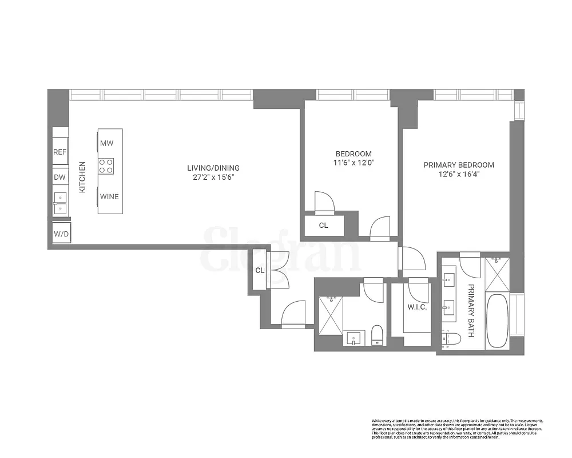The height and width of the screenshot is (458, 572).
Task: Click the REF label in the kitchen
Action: pyautogui.click(x=60, y=152)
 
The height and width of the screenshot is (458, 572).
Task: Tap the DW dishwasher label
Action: pyautogui.click(x=60, y=177)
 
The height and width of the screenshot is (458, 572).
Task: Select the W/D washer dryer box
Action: pyautogui.click(x=60, y=234)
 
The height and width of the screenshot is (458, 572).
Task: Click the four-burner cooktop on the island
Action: pyautogui.click(x=106, y=166)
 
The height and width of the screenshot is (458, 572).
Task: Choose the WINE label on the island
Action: pyautogui.click(x=109, y=196)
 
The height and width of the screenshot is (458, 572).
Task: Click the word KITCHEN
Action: pyautogui.click(x=82, y=176)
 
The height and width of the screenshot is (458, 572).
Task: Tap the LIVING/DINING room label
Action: pyautogui.click(x=213, y=168)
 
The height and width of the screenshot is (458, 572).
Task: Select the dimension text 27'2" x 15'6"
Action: pyautogui.click(x=213, y=177)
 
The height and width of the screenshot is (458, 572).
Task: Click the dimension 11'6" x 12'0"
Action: pyautogui.click(x=353, y=163)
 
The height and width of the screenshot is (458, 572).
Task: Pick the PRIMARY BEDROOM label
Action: pyautogui.click(x=459, y=165)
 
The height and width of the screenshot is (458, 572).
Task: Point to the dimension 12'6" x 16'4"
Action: pyautogui.click(x=459, y=174)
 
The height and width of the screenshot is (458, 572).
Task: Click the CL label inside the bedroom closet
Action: pyautogui.click(x=324, y=225)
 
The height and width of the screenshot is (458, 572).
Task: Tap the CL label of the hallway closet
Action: pyautogui.click(x=260, y=270)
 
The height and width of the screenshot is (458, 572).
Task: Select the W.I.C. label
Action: pyautogui.click(x=417, y=307)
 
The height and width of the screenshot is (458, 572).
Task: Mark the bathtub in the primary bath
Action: pyautogui.click(x=496, y=321)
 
